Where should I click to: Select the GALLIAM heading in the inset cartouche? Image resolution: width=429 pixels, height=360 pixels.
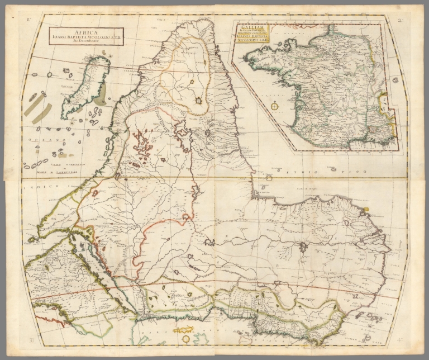(x=251, y=26)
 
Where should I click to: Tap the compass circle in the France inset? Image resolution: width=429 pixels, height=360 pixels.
(x=274, y=105)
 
